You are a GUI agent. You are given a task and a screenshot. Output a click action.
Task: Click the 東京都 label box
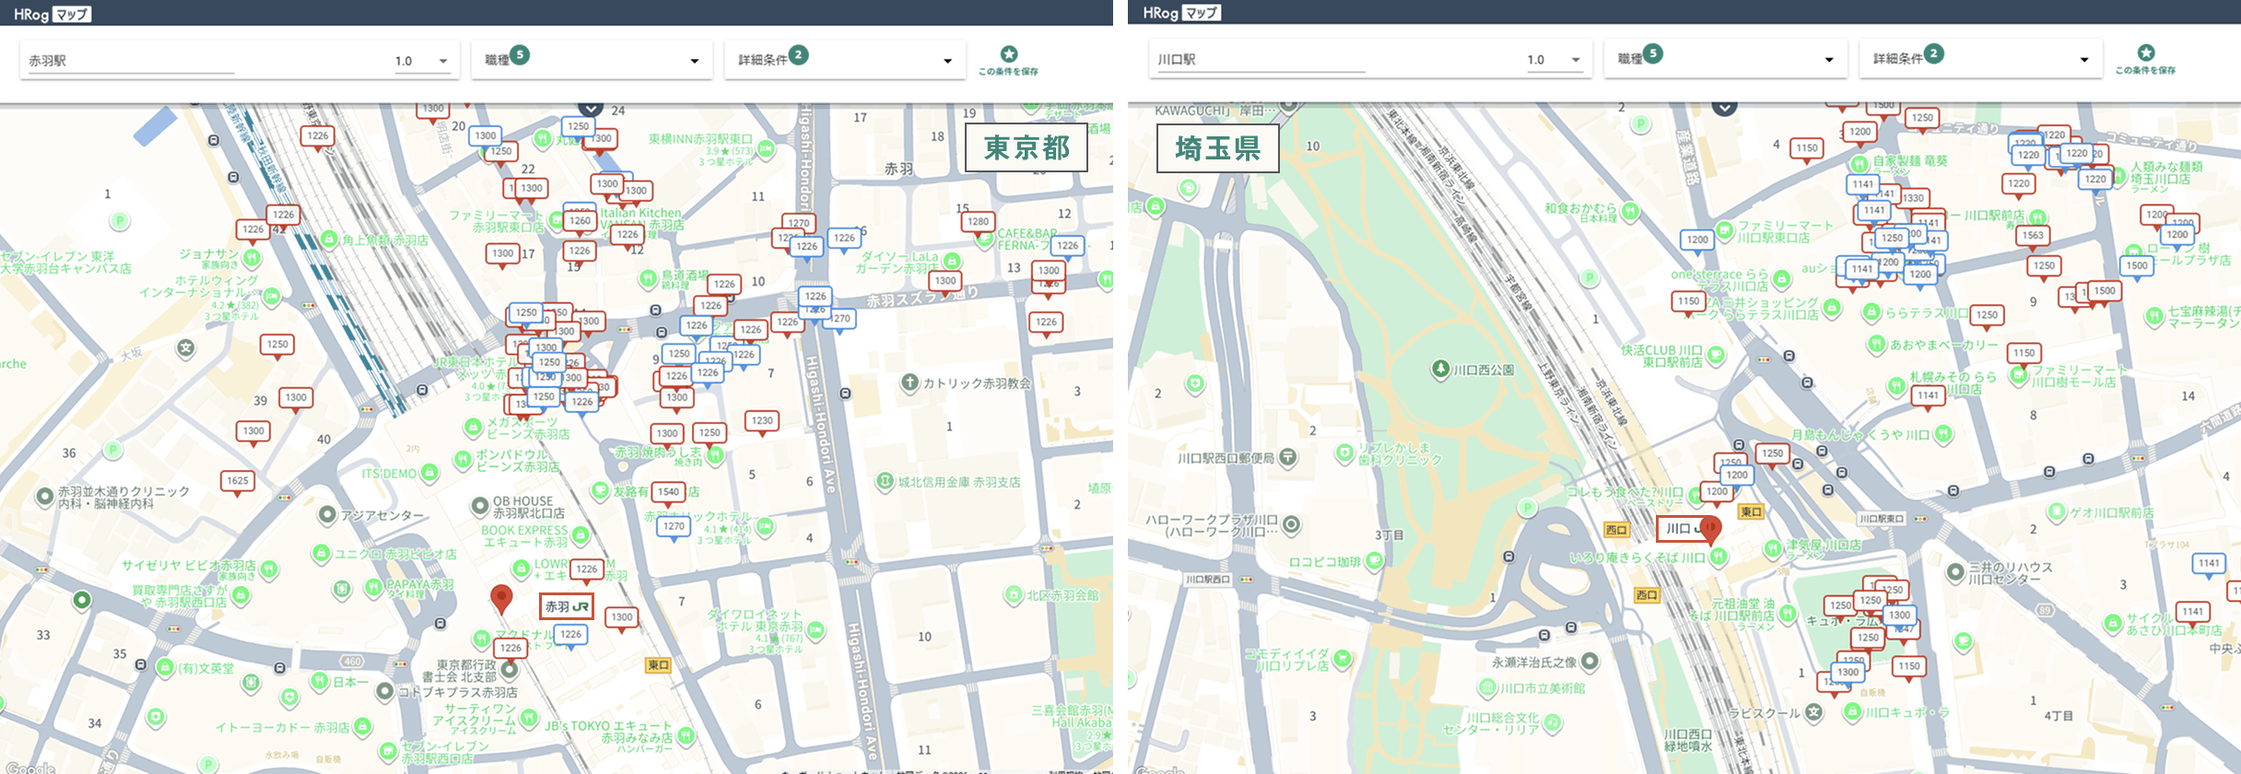(1026, 147)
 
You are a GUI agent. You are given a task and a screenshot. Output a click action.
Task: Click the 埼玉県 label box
(1217, 148)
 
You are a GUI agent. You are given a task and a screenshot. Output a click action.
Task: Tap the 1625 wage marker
(238, 481)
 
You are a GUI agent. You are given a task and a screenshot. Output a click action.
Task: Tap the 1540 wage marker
(669, 492)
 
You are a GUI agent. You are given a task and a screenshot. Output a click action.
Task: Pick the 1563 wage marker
(2033, 236)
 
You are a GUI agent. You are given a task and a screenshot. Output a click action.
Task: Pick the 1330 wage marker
(1913, 198)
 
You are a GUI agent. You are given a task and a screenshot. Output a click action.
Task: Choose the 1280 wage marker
(978, 222)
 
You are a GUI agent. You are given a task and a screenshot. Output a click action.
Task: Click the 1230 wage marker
(762, 421)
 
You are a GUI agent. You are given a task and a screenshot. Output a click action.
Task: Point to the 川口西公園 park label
(1483, 370)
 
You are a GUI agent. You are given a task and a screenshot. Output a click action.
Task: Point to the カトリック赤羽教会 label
(976, 383)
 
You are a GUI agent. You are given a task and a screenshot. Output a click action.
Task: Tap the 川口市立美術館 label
(1542, 688)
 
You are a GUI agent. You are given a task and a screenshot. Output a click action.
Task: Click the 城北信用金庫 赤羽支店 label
(958, 482)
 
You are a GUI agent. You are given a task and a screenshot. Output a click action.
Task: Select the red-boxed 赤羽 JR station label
(566, 606)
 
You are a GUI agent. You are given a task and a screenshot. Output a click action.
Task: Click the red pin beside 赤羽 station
(501, 598)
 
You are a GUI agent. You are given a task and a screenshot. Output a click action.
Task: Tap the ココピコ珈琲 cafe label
(1325, 562)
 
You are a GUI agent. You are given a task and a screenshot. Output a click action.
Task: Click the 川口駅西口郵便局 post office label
(1226, 458)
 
